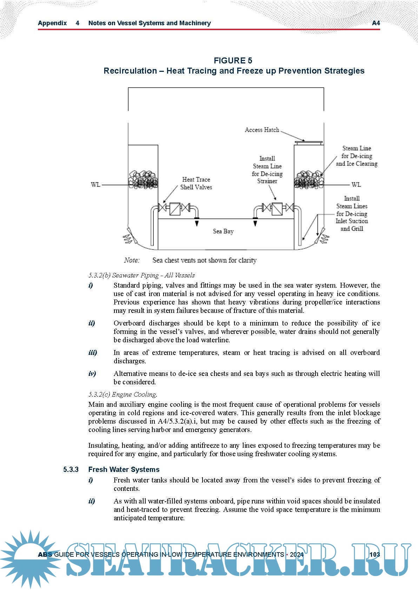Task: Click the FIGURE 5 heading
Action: click(233, 61)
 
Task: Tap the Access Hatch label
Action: click(262, 130)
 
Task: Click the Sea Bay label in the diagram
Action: click(223, 231)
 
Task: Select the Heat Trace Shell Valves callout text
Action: click(196, 183)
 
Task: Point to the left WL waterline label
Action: click(95, 185)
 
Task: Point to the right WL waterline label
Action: click(356, 185)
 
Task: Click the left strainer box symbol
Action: click(175, 209)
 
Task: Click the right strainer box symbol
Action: click(277, 209)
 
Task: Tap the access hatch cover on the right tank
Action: click(308, 143)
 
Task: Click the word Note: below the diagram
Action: click(132, 260)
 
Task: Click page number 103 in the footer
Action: click(374, 554)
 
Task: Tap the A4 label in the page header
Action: click(376, 23)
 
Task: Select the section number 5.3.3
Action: click(71, 469)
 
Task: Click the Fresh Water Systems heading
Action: click(124, 469)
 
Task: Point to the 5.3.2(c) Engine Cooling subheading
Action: click(123, 395)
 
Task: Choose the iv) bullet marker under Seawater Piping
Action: click(92, 373)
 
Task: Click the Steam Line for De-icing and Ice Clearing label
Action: click(357, 156)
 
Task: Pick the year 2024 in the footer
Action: click(297, 554)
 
